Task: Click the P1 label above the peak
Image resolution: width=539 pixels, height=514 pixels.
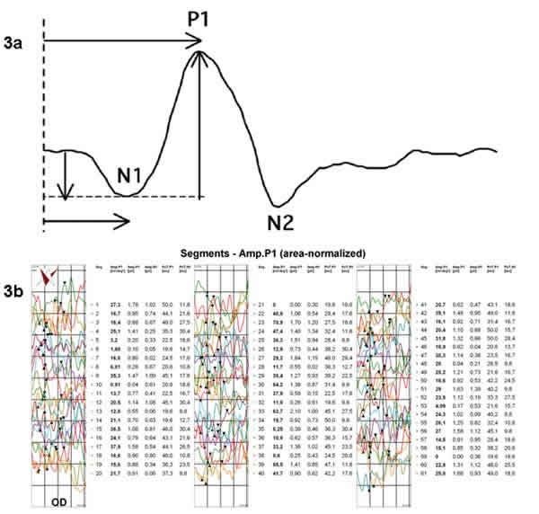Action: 202,20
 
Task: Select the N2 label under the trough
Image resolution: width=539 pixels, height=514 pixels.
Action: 287,220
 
